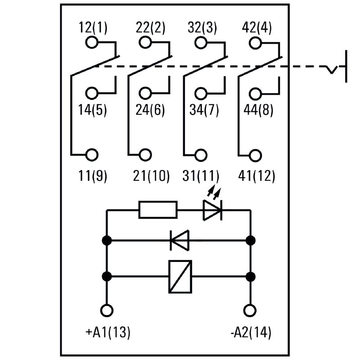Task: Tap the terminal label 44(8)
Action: click(258, 110)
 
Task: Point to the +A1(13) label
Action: click(108, 333)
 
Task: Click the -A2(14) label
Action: click(250, 333)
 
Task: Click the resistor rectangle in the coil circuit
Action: click(158, 210)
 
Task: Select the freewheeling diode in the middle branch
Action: click(180, 240)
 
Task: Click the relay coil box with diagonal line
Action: click(180, 276)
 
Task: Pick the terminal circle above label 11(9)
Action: click(91, 154)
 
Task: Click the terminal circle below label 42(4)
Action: click(256, 43)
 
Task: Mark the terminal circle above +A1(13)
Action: click(107, 310)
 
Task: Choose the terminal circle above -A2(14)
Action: click(250, 310)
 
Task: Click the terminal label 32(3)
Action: click(202, 28)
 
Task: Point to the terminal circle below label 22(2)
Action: click(145, 43)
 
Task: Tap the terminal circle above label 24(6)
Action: click(145, 94)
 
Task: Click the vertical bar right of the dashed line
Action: click(346, 67)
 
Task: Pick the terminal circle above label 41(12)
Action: click(256, 154)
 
